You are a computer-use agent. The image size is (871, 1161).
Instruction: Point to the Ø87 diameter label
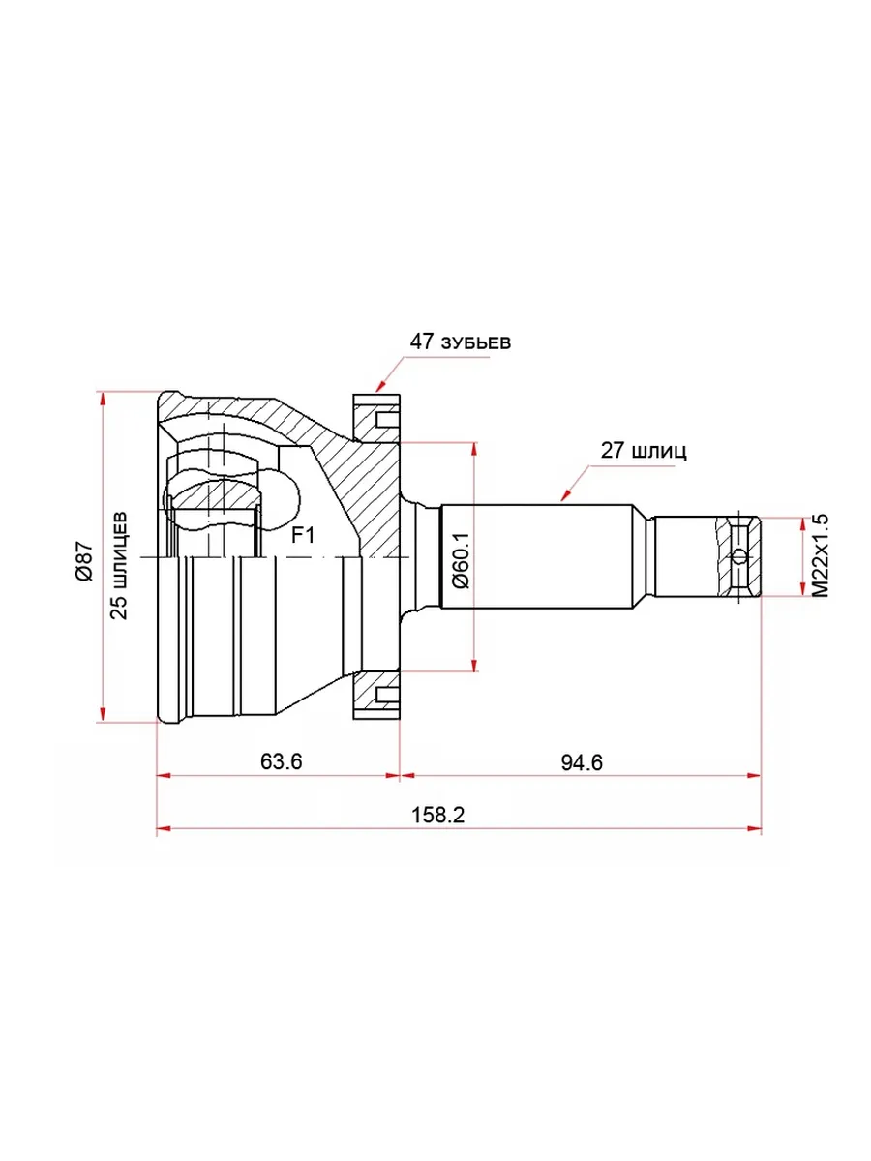[84, 560]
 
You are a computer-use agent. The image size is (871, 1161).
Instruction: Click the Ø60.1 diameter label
[461, 560]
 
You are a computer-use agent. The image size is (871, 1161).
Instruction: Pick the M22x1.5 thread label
[821, 554]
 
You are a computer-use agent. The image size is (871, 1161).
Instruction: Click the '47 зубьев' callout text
[461, 342]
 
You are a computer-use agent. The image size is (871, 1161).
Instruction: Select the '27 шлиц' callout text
[644, 451]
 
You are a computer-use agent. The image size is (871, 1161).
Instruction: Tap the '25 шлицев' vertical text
[119, 565]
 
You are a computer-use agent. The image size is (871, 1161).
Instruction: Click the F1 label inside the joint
[303, 536]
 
